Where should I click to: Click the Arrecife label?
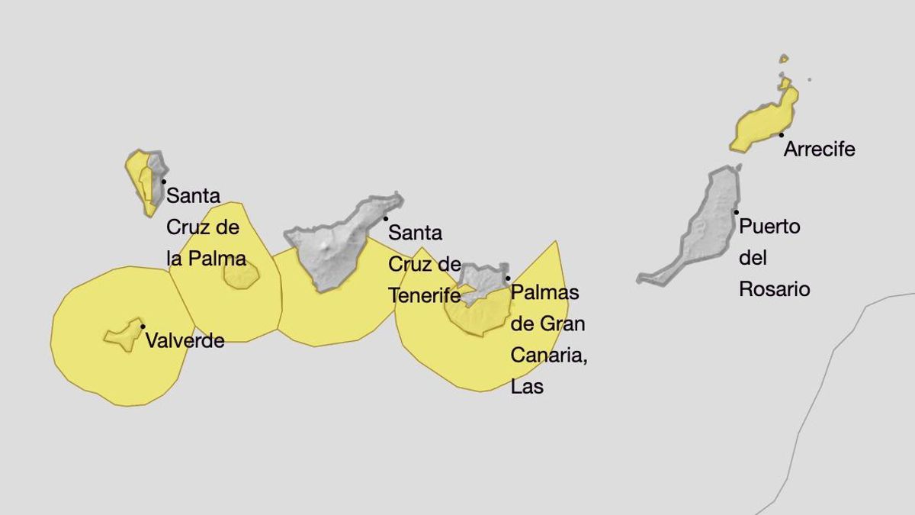click(820, 150)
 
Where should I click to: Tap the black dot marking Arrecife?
click(782, 135)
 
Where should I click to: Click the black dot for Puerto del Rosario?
click(736, 212)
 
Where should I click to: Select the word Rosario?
click(774, 290)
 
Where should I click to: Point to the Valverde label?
click(185, 340)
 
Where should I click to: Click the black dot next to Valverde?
click(143, 327)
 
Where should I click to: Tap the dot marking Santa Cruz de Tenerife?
click(386, 218)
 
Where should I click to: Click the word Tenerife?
click(425, 295)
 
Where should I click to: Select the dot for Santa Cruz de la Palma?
click(163, 181)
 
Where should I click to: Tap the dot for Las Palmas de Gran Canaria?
click(508, 278)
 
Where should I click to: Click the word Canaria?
click(547, 355)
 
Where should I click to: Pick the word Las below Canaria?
click(527, 386)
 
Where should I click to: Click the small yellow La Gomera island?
click(241, 275)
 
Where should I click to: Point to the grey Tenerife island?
click(335, 244)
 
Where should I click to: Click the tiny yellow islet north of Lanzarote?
click(783, 58)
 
